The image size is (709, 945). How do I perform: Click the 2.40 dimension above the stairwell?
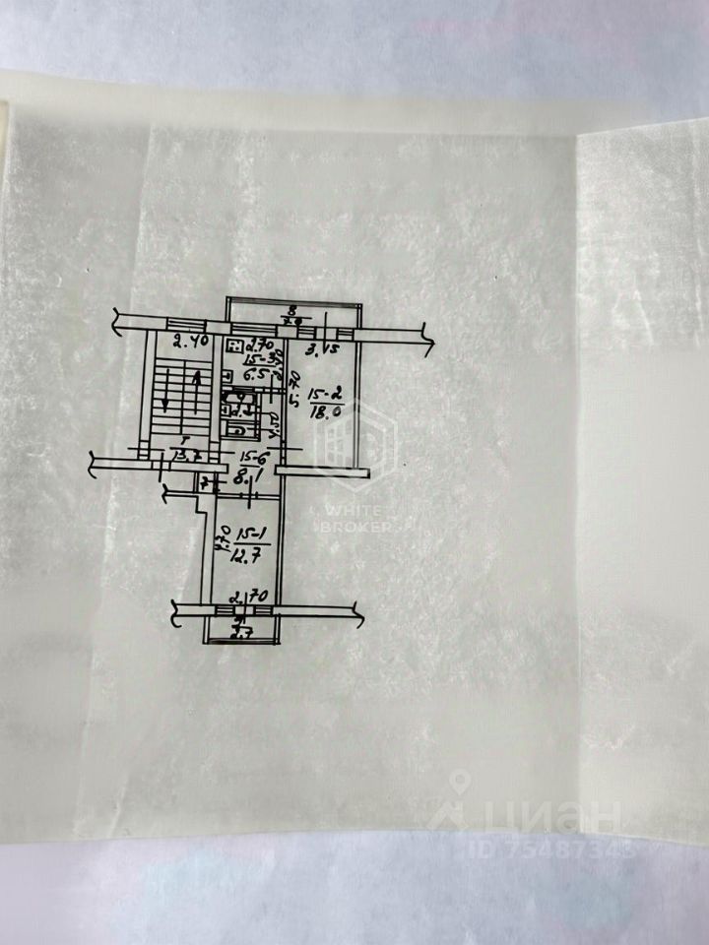[x=188, y=344]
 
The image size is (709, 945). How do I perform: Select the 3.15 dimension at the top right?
[x=324, y=348]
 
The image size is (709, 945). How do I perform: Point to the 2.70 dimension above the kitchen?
[x=259, y=345]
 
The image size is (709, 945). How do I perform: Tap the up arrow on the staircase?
[x=197, y=377]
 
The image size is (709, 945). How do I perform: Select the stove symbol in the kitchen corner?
[x=234, y=346]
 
